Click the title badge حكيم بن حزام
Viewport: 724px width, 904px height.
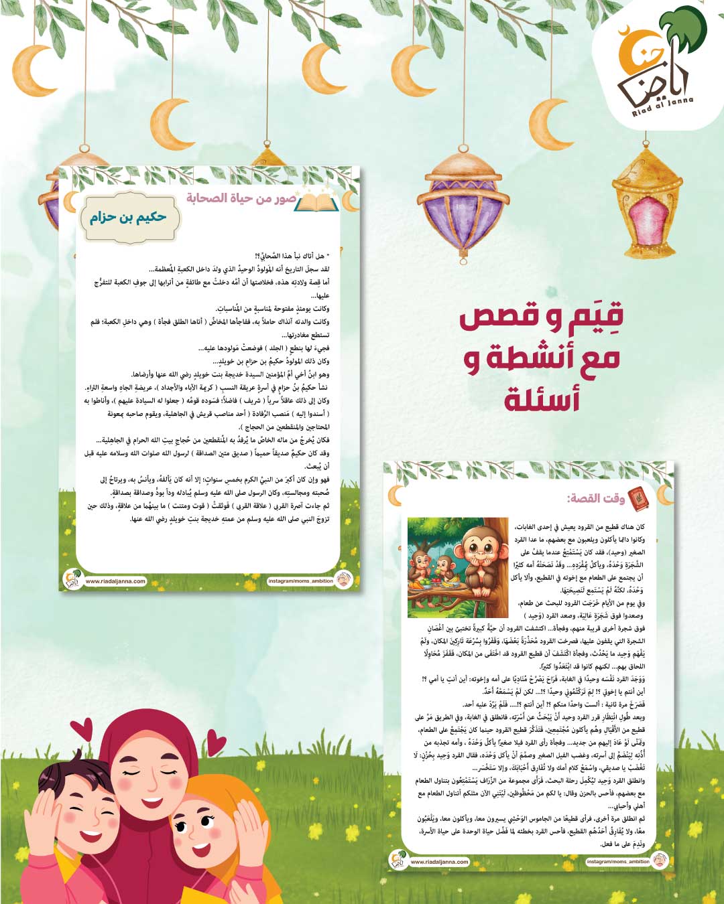(127, 217)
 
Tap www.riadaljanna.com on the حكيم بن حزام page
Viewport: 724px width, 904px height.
(115, 581)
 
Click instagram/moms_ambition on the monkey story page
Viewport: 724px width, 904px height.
(617, 862)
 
